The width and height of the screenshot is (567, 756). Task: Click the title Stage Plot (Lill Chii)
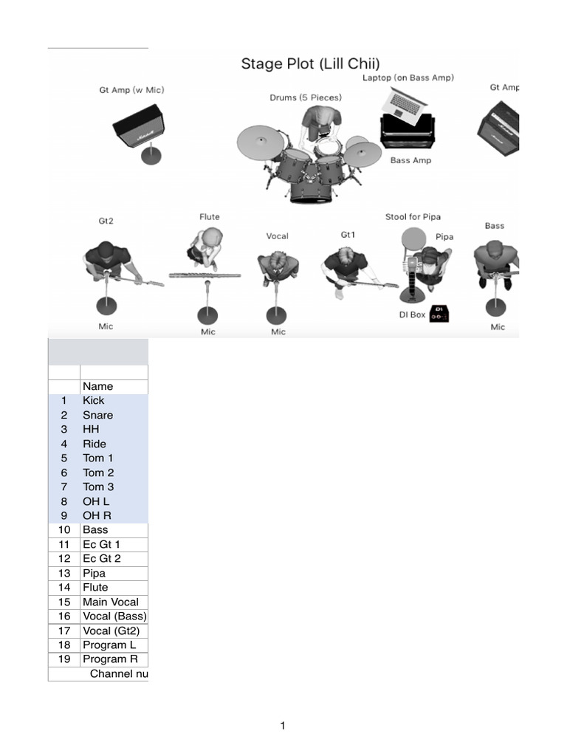coord(310,63)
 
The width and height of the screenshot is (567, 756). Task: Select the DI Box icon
coord(439,315)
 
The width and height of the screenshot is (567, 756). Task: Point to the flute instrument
coord(205,275)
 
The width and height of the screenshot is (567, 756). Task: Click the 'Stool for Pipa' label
coord(413,217)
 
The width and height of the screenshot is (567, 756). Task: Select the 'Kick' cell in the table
coord(94,401)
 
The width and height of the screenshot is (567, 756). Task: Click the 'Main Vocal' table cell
coord(110,602)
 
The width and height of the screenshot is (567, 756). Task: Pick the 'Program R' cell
coord(110,659)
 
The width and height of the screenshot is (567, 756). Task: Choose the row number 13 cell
coord(64,574)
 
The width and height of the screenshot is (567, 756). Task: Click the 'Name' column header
coord(97,386)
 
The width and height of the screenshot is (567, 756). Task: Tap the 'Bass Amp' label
coord(410,160)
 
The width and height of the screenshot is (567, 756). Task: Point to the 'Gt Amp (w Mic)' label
coord(131,90)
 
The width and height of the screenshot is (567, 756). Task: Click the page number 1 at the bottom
coord(283,726)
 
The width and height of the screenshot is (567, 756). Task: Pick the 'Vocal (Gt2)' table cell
coord(111,630)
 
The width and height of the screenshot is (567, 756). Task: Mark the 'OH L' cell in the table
coord(96,501)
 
